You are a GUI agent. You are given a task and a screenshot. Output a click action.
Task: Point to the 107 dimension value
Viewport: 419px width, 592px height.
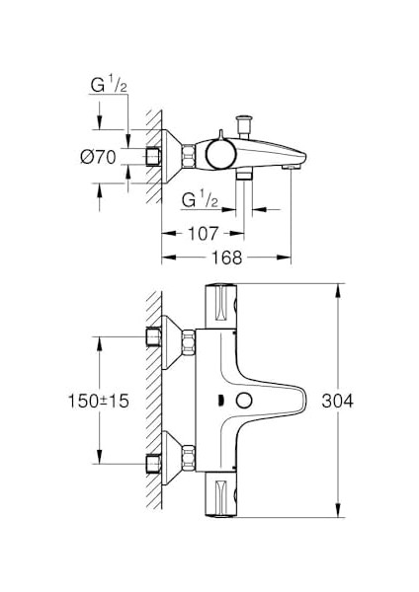tap(204, 235)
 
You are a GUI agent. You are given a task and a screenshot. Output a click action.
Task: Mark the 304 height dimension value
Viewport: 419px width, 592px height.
tap(366, 401)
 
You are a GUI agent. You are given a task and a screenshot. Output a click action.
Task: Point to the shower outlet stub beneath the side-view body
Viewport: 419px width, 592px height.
tap(243, 175)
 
